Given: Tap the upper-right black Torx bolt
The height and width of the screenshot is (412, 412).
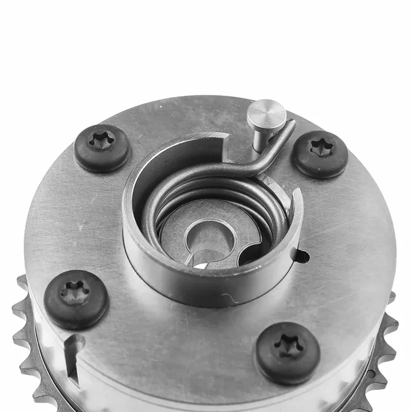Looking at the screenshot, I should pos(320,154).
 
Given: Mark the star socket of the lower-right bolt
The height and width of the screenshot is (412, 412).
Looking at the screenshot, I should pos(288,347).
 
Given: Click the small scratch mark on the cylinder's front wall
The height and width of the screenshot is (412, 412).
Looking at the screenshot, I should pos(227,298).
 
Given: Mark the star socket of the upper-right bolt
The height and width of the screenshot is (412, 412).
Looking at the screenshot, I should pos(320,148).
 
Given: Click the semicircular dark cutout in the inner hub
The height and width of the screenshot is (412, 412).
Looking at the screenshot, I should pos(255,252).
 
